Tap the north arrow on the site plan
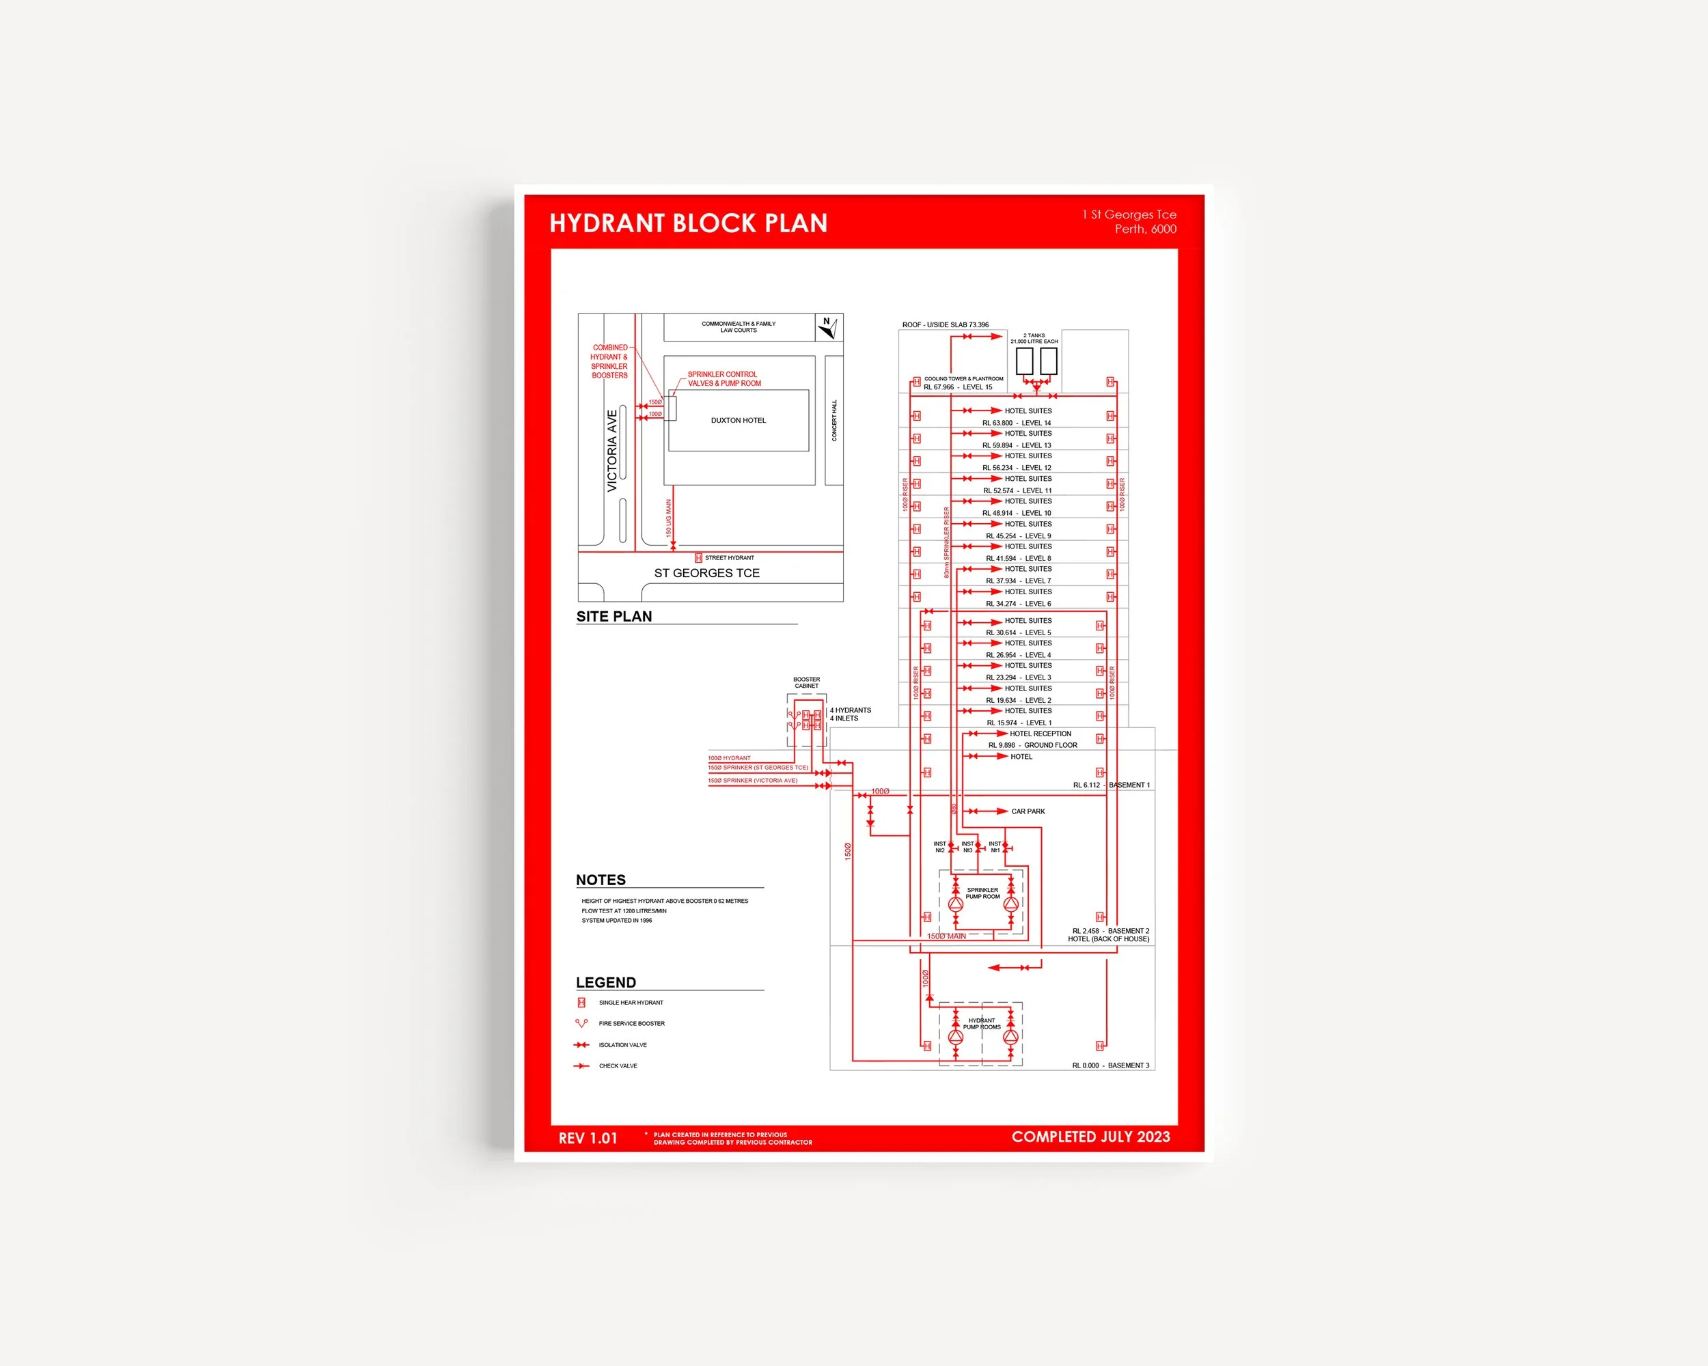coord(829,327)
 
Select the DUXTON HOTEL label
coord(738,421)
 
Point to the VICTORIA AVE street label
coord(611,451)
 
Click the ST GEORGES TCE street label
coord(706,573)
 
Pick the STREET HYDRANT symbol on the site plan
coord(698,558)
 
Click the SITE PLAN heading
coord(614,617)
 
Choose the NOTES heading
coord(601,880)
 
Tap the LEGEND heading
coord(605,983)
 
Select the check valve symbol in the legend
coord(581,1066)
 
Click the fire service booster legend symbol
coord(581,1023)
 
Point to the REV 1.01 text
coord(587,1138)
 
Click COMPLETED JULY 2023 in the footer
coord(1090,1137)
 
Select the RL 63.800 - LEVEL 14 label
coord(1017,423)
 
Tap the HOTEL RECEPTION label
coord(1039,734)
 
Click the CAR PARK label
coord(1028,811)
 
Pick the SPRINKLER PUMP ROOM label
coord(982,893)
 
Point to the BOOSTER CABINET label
coord(806,682)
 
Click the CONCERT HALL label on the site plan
coord(834,421)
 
